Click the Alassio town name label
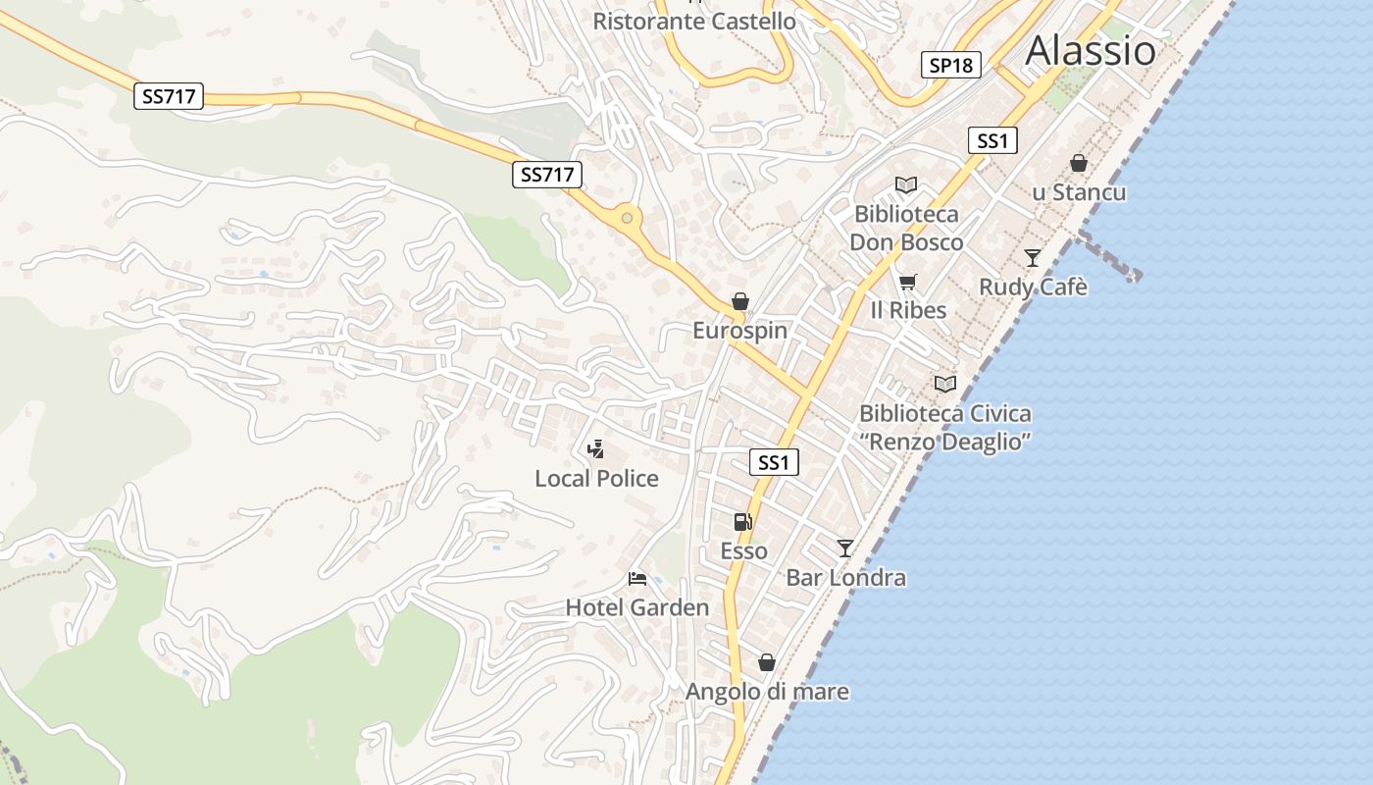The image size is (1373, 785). [1091, 50]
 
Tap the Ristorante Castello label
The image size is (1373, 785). [694, 21]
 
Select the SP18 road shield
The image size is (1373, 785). [951, 66]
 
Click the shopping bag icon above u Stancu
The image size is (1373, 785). [1079, 163]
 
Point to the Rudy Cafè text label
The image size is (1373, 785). [1033, 288]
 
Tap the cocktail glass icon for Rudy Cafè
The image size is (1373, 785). [1033, 258]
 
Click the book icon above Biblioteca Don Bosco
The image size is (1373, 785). [906, 184]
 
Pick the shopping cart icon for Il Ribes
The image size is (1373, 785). [908, 283]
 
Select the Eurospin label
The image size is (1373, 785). [739, 331]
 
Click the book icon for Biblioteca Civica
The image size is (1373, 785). [945, 384]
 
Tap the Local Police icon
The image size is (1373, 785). [595, 449]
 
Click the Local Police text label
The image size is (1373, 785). [596, 479]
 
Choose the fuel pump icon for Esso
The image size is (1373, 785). [743, 522]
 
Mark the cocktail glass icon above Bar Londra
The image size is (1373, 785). [845, 548]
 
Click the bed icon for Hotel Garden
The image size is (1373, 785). [637, 579]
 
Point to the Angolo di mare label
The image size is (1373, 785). [767, 692]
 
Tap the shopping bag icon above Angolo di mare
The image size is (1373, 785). [767, 662]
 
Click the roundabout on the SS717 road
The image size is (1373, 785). [627, 216]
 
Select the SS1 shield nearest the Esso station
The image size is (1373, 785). [774, 462]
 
